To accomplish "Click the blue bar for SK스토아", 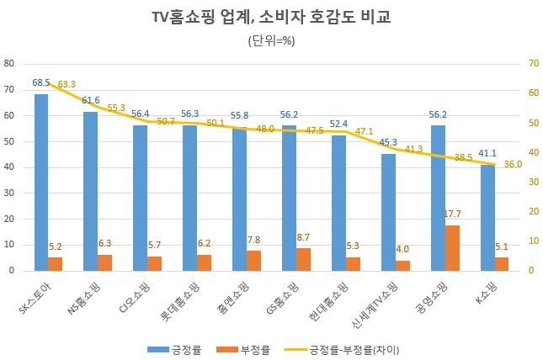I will click(x=41, y=183).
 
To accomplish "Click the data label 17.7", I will click(x=452, y=214).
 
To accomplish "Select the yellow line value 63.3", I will click(x=67, y=84).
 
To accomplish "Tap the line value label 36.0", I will click(x=514, y=165).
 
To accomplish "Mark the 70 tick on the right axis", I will click(x=532, y=63).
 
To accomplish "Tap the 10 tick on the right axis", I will click(x=532, y=241).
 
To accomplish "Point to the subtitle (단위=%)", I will click(x=271, y=40).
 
